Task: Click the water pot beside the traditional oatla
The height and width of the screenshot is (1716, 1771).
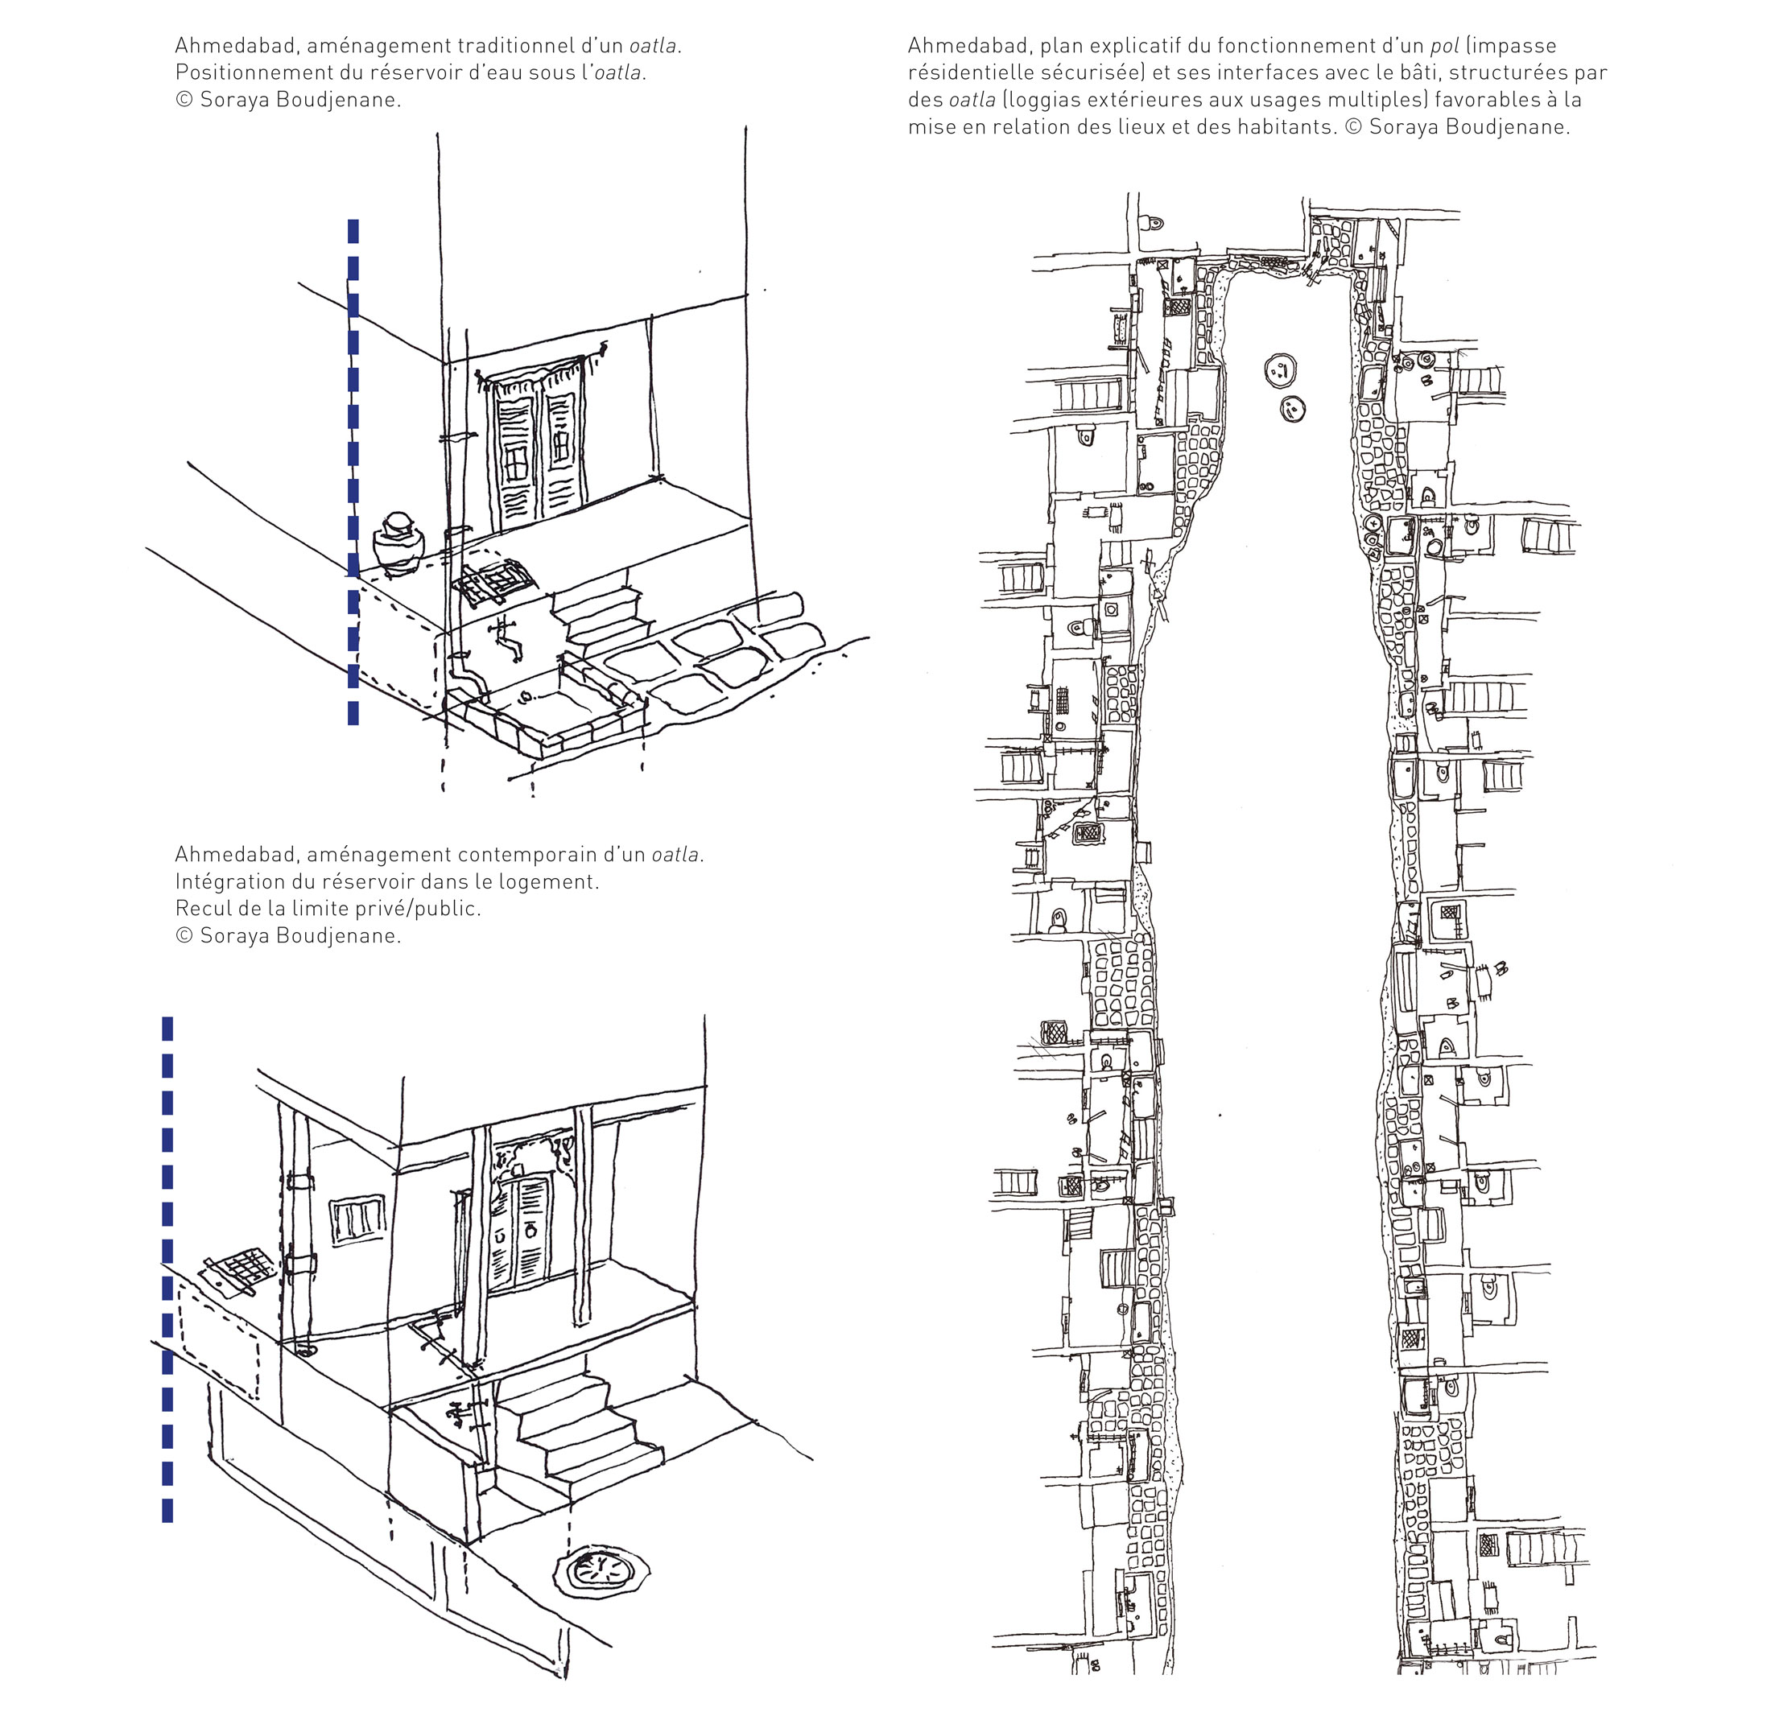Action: pos(398,543)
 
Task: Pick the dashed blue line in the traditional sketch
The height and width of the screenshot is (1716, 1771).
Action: pos(353,472)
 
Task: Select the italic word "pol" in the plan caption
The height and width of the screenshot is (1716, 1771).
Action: pos(1445,46)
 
